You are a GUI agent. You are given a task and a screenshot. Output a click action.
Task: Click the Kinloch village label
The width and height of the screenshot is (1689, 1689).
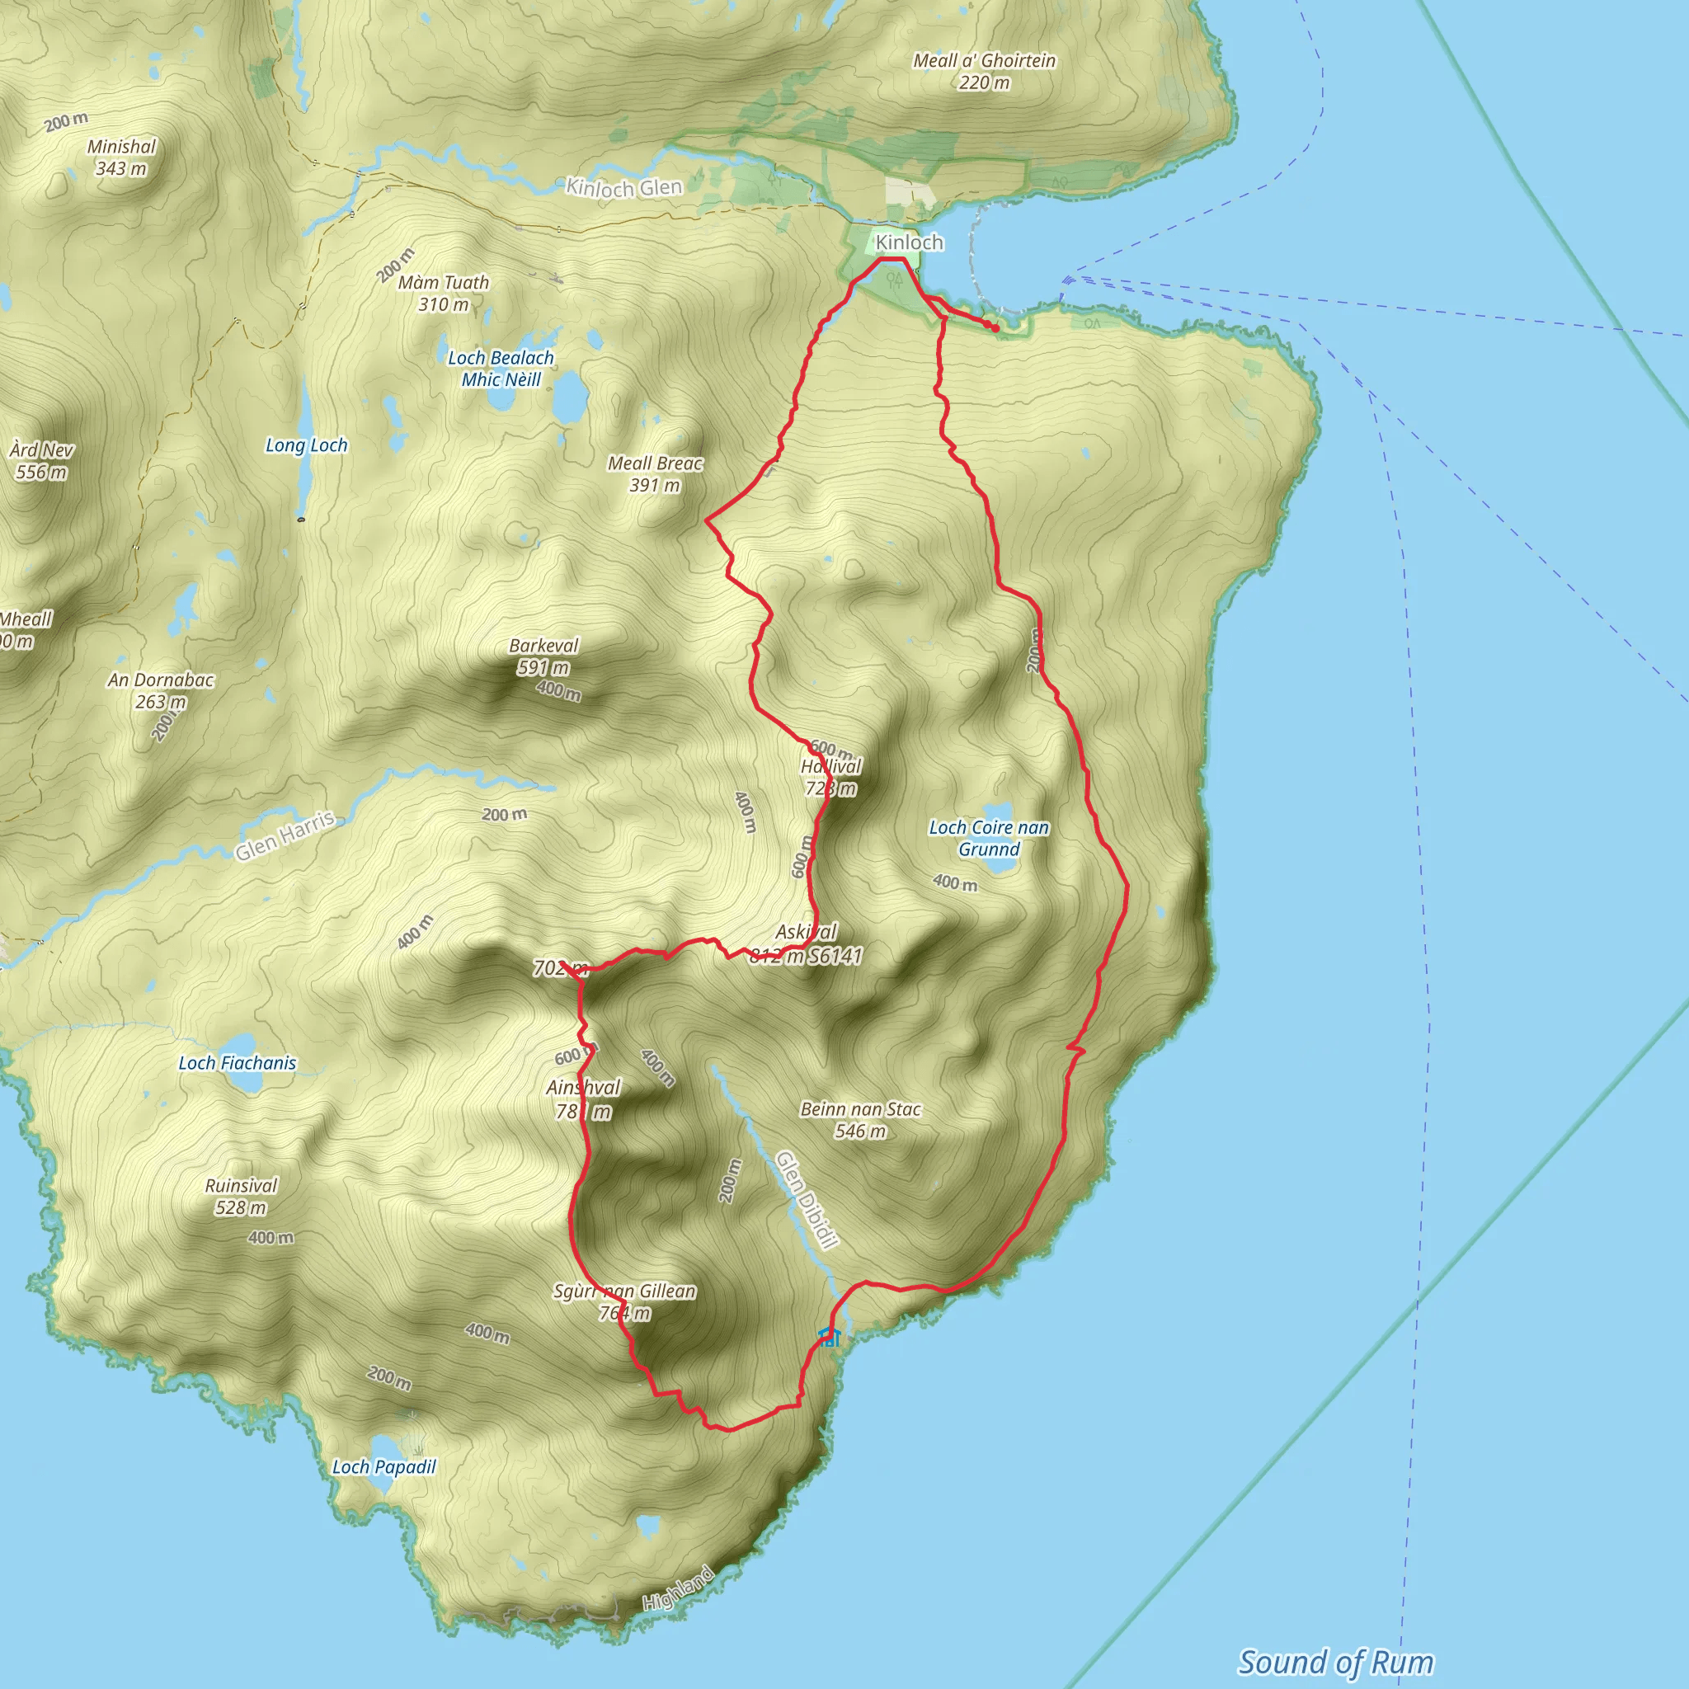(909, 242)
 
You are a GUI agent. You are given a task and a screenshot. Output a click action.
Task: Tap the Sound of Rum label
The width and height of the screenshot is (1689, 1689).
(1336, 1662)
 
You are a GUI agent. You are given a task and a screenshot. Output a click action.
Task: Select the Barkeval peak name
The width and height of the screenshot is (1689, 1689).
(543, 646)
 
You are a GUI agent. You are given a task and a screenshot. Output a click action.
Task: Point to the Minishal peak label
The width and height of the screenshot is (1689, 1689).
(121, 147)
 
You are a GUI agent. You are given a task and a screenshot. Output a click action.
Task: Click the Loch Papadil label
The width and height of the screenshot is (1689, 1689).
(383, 1467)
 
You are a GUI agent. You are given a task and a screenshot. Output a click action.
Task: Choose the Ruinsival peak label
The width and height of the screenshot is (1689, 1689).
(241, 1186)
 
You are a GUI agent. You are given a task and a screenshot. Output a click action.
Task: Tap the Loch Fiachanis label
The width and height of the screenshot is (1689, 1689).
(237, 1063)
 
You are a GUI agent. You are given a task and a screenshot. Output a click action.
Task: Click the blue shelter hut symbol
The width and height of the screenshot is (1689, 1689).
(829, 1337)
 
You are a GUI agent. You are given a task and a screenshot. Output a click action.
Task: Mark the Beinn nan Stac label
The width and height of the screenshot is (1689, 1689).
(860, 1109)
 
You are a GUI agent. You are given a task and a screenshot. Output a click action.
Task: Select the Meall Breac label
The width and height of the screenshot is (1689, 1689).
(655, 463)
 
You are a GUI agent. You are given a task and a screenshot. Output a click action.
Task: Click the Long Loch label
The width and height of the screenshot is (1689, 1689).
(306, 446)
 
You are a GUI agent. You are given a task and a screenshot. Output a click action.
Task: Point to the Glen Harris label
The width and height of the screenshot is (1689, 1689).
(285, 835)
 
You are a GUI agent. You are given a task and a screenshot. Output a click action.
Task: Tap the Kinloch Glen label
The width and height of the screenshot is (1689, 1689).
(623, 187)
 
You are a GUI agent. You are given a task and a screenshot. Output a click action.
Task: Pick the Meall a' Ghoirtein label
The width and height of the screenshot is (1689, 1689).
(985, 61)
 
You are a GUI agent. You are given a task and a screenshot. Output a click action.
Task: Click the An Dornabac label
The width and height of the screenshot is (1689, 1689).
(161, 680)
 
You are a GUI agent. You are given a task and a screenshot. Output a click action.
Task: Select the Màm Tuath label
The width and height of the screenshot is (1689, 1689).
(443, 283)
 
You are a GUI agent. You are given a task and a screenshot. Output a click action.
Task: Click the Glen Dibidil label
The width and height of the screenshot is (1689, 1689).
(807, 1198)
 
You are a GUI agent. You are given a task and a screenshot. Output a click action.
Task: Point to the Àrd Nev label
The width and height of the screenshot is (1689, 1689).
(41, 450)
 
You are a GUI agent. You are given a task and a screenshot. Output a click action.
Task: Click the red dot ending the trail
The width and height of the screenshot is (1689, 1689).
(995, 328)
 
